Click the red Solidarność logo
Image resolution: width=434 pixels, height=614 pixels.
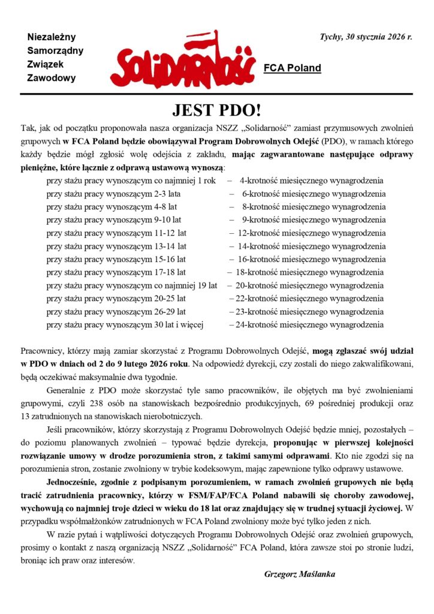[x=185, y=66]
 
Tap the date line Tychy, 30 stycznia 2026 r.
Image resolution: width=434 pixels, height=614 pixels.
[x=367, y=37]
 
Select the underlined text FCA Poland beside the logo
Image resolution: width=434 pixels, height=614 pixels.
[x=293, y=68]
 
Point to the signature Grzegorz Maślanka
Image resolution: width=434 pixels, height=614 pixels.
[x=300, y=574]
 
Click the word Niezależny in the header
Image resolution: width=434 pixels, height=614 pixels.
[x=52, y=37]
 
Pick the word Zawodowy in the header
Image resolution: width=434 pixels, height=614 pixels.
[x=52, y=77]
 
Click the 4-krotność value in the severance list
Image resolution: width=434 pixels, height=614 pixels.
[x=258, y=180]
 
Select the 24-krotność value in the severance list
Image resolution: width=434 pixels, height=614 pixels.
[x=255, y=325]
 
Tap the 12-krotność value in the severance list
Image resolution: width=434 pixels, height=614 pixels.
[x=257, y=233]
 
